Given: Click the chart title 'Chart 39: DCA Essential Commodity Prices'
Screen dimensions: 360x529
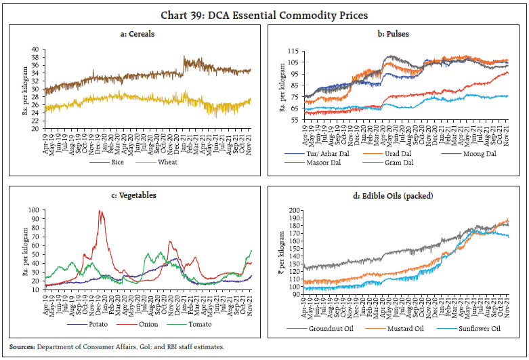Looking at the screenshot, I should [264, 14].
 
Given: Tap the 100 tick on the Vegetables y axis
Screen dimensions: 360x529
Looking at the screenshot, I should [34, 210].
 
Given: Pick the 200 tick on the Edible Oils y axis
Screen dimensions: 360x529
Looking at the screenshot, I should [295, 210].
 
